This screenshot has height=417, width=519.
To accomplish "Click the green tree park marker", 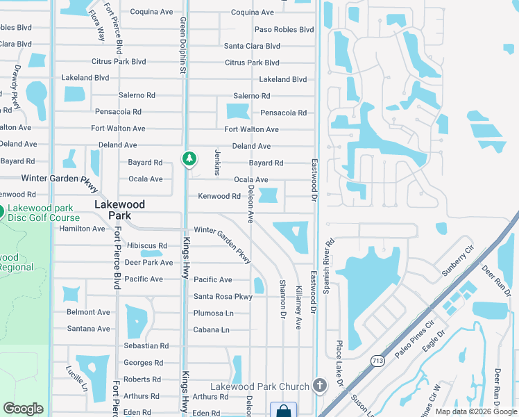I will point(189,159).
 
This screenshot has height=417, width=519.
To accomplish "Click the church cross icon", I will point(319,385).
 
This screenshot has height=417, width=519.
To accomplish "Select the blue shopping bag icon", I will point(283,410).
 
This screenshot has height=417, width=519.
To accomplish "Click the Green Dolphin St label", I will point(183,45).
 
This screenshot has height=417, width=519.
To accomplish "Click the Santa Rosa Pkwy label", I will point(223,296).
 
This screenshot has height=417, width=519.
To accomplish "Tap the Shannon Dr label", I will point(282,299).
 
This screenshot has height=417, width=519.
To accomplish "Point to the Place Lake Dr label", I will point(340,363).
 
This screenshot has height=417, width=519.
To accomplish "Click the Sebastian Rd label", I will point(146,345).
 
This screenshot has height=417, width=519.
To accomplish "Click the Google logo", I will point(23,409).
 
